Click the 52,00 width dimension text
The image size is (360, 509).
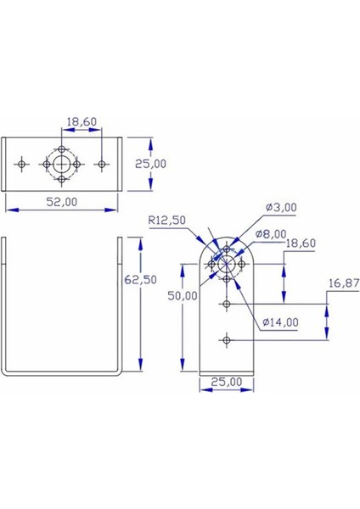60,202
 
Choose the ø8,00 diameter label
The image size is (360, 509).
272,232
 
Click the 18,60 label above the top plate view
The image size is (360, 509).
81,122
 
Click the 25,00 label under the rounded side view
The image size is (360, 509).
227,383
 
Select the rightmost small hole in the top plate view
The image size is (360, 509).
102,163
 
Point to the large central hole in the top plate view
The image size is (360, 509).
62,163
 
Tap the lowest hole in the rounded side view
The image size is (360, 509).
227,340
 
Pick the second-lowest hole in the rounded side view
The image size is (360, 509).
227,303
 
